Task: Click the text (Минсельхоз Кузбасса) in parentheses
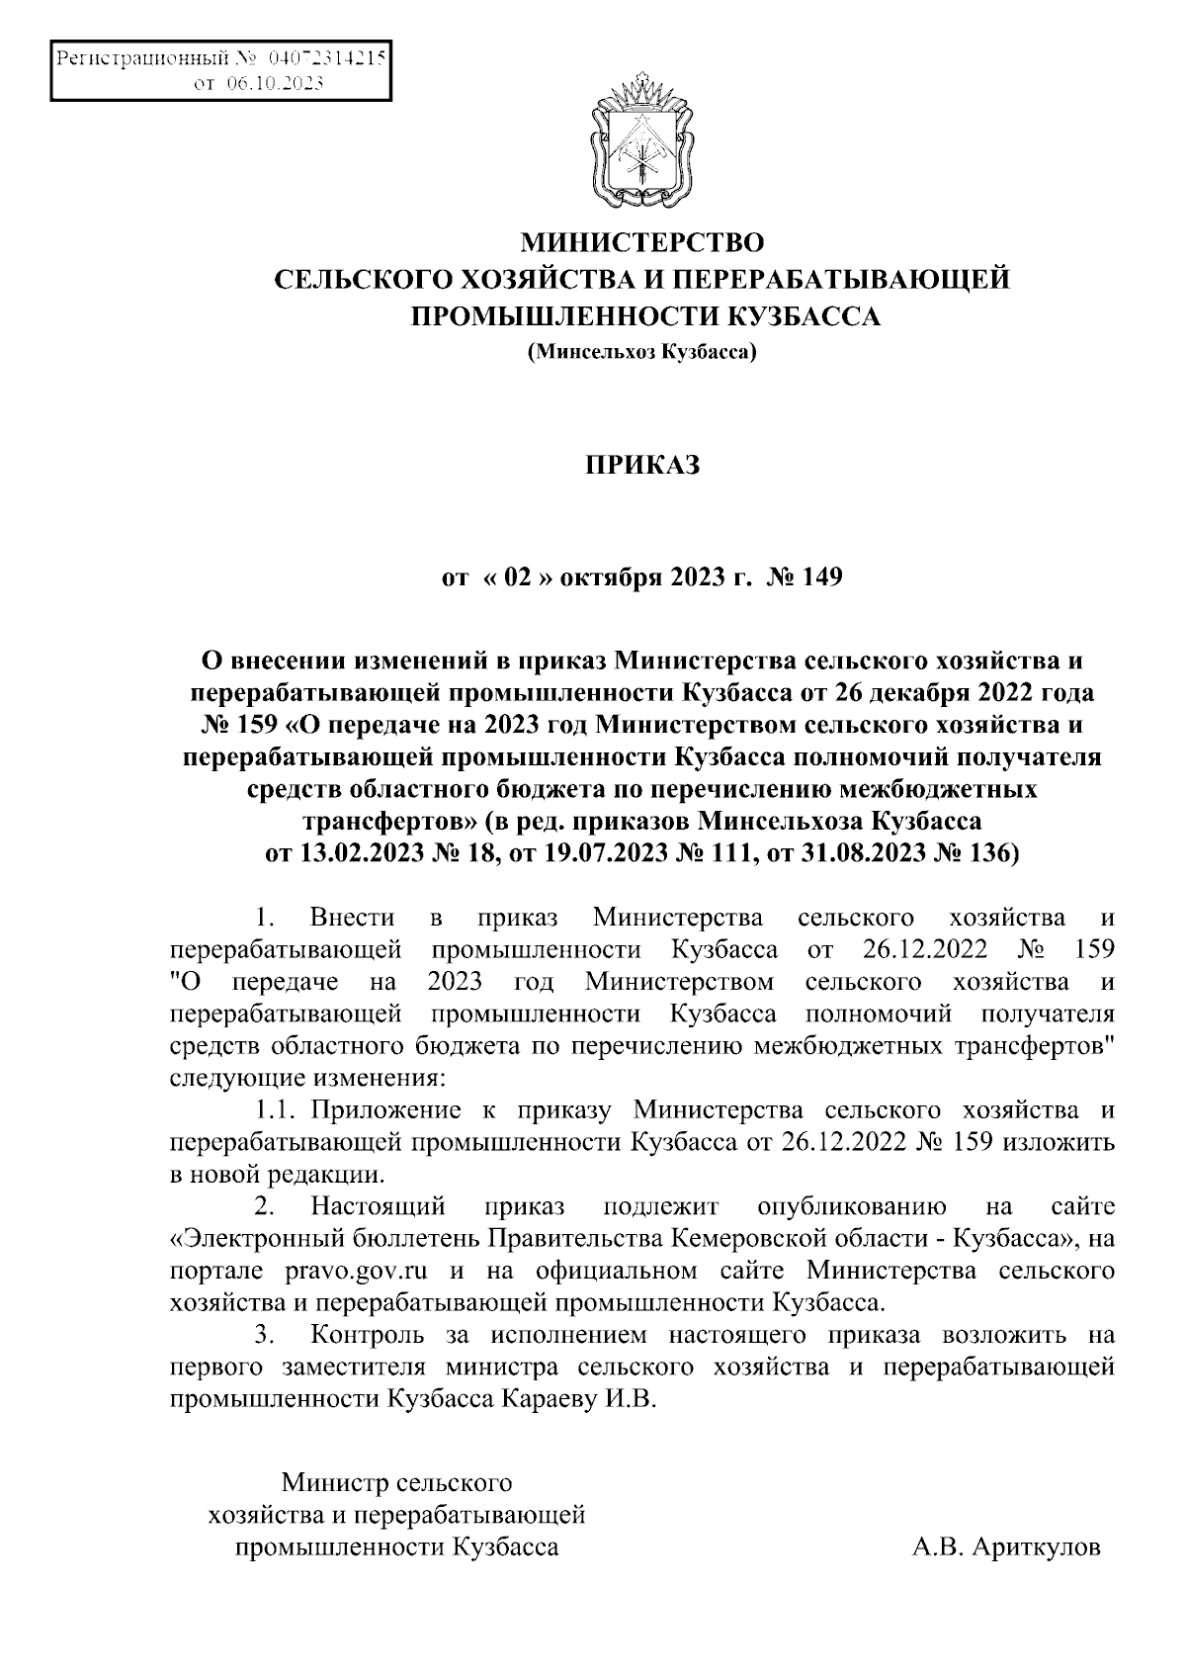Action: [x=642, y=350]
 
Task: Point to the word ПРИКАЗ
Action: [x=642, y=465]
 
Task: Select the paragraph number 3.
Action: [x=263, y=1335]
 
